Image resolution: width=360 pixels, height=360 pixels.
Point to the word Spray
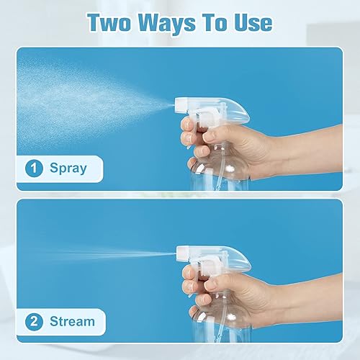pyautogui.click(x=68, y=168)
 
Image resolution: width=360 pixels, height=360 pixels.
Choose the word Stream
pyautogui.click(x=72, y=320)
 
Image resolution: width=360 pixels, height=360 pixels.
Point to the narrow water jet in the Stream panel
pyautogui.click(x=122, y=254)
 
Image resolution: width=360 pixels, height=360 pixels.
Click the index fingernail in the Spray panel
pyautogui.click(x=186, y=122)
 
